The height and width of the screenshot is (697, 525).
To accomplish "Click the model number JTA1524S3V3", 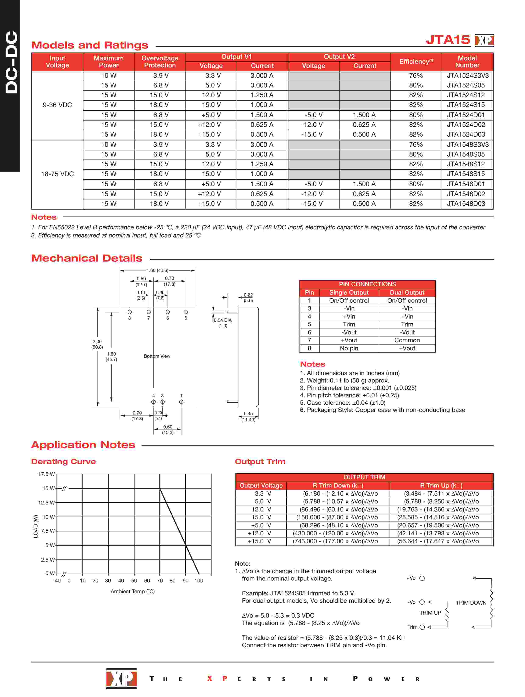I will (x=467, y=76).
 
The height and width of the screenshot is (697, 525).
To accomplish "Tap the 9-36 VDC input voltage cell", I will (x=57, y=105).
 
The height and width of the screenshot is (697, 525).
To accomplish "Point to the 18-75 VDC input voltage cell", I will (x=57, y=174).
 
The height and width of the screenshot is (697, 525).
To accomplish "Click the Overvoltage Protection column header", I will (x=160, y=62).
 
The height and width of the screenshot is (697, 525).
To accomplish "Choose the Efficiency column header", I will (x=416, y=62).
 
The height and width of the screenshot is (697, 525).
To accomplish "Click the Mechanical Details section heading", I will (x=87, y=258).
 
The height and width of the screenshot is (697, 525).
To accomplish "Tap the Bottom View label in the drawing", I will (x=157, y=356).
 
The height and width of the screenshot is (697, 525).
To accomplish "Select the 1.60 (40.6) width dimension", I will (x=157, y=270).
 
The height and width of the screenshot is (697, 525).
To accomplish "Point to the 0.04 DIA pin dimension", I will (x=223, y=320).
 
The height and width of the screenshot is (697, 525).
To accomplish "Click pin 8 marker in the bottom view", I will (x=130, y=312).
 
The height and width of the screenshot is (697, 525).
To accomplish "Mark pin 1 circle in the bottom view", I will (x=181, y=402).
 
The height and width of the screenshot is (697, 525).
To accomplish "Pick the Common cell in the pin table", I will (x=407, y=340).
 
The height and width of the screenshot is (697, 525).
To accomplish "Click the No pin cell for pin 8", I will (x=349, y=348).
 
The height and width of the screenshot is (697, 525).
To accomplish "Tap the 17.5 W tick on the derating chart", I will (x=46, y=474).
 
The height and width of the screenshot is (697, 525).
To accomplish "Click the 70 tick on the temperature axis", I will (x=160, y=581).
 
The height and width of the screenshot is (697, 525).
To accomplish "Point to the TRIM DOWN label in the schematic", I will (x=471, y=603).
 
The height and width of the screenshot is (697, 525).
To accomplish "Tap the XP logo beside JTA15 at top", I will (x=484, y=40).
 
